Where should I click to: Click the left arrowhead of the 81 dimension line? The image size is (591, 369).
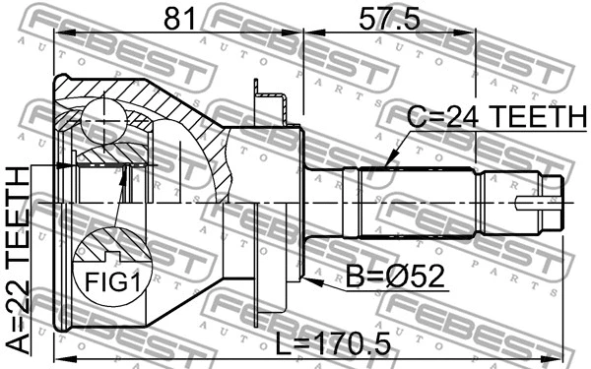[x=60, y=32]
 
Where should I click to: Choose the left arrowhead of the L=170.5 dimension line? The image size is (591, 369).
[x=60, y=357]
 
